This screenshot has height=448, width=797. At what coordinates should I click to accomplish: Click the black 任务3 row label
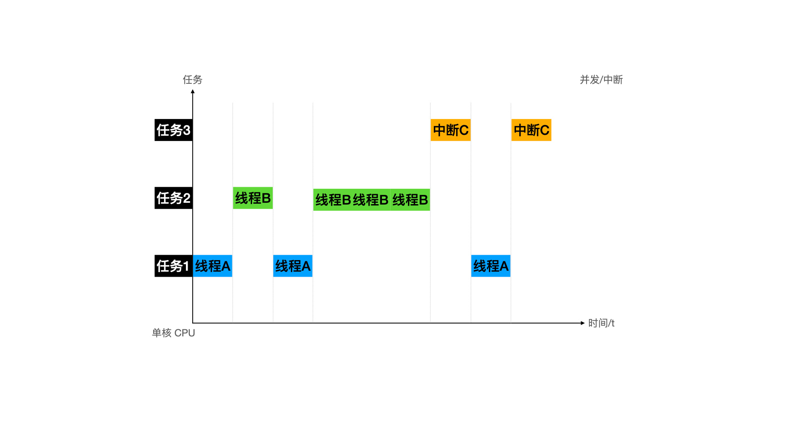pos(173,130)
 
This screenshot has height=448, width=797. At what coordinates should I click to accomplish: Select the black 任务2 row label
pos(173,198)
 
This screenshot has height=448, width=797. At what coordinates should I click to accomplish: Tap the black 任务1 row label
pos(173,266)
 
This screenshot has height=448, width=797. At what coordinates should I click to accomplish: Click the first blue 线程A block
pos(213,266)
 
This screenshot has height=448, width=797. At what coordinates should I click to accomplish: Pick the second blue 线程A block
pos(293,266)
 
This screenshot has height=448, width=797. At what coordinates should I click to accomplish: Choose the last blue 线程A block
pos(491,266)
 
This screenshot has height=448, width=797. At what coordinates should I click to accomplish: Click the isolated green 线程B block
pos(253,198)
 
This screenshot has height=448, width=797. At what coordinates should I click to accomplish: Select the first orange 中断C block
pos(450,130)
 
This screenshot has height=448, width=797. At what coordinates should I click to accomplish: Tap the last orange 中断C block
pos(531,130)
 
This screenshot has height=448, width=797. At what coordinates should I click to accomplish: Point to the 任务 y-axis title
pos(193,80)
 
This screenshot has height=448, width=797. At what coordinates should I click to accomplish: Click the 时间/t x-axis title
pos(601,323)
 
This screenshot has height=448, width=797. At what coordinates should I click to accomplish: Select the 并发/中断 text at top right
pos(601,80)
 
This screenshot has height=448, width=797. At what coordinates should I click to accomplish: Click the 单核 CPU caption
pos(173,333)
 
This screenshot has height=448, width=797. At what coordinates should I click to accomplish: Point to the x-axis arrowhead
pos(582,323)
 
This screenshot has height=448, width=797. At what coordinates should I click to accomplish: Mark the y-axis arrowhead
pos(193,92)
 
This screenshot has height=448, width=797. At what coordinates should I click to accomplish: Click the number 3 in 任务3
pos(186,130)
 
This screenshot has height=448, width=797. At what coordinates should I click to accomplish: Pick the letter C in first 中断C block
pos(464,130)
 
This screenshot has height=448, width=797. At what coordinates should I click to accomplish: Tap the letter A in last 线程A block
pos(504,266)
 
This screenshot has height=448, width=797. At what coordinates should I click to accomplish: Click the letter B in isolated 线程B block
pos(266,198)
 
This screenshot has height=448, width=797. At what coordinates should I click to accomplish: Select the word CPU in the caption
pos(184,333)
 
